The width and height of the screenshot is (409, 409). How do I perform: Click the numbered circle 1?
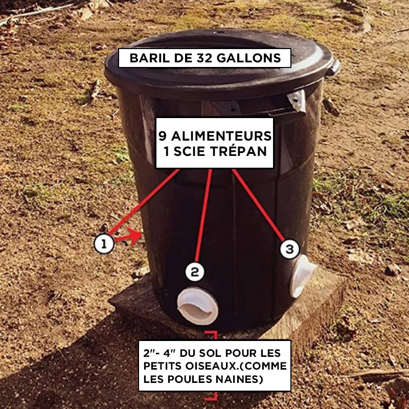(x=104, y=244)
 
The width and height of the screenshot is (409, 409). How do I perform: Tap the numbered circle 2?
(x=195, y=272)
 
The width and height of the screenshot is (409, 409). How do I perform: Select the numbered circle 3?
(x=289, y=249)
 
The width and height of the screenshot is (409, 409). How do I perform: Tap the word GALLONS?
(x=249, y=58)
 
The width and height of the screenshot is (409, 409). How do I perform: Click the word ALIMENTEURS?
(x=221, y=136)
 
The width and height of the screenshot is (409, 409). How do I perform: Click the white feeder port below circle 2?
(x=197, y=306)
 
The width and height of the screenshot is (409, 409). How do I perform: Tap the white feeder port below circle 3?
(x=302, y=276)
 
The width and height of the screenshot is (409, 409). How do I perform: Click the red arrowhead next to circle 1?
(x=134, y=236)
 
